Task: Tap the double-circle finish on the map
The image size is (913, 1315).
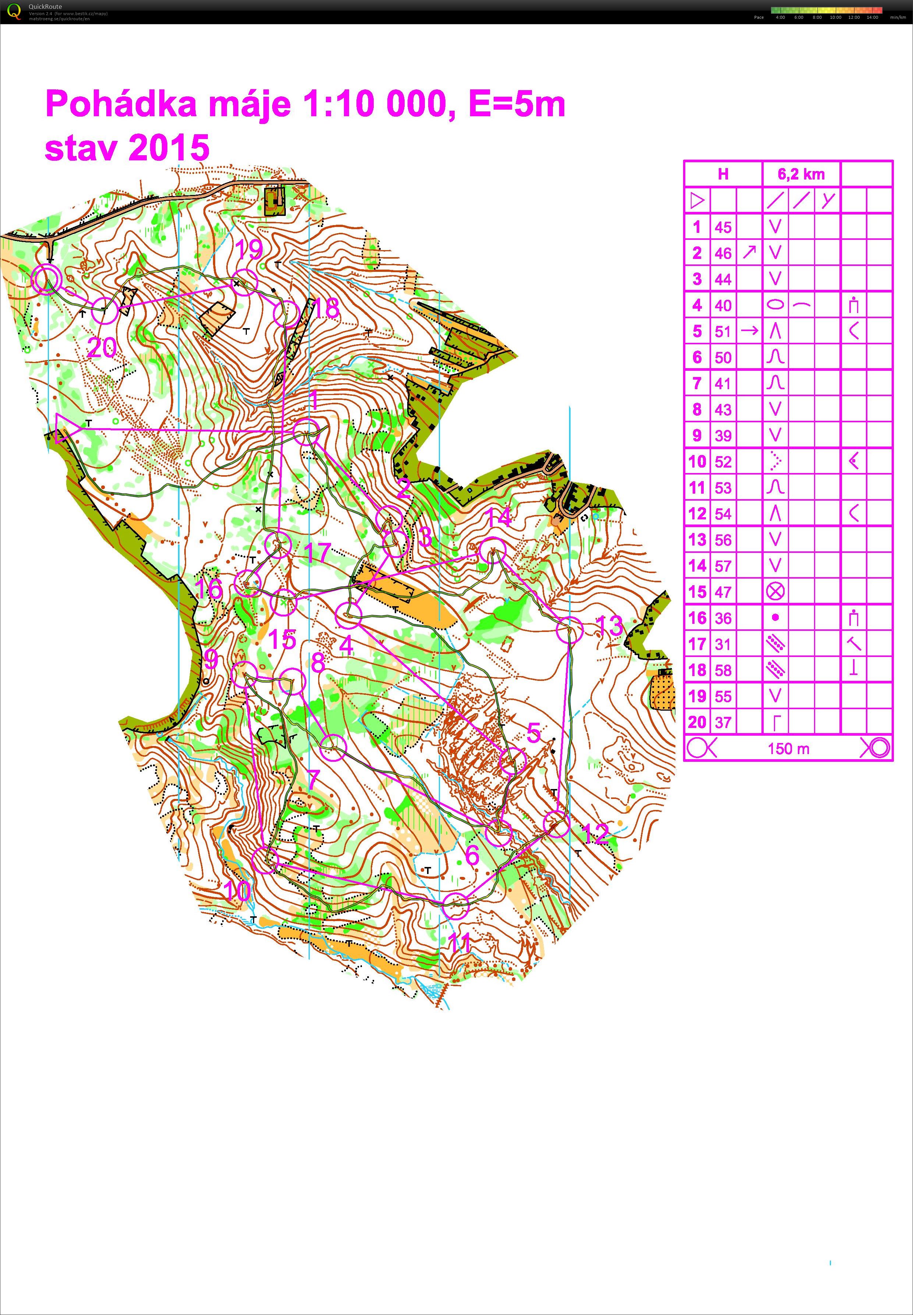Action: point(46,278)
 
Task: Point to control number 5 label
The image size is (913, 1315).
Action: point(533,733)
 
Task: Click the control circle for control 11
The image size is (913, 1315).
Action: point(456,906)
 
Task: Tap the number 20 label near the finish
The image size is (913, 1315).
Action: point(102,348)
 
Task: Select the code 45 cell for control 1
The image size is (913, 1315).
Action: point(723,227)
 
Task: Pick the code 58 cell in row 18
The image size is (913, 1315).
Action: point(723,670)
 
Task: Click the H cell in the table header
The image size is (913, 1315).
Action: point(723,174)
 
